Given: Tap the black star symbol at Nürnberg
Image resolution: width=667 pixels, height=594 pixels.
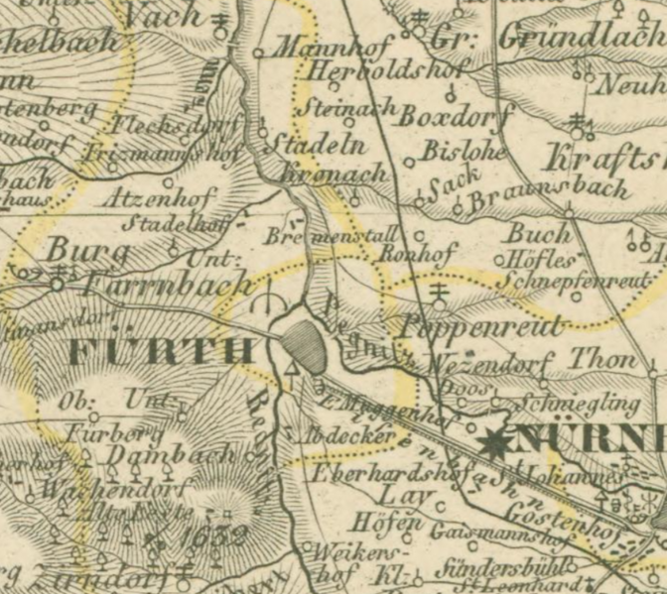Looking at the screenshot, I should pos(494,441).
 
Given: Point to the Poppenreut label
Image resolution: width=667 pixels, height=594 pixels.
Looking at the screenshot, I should pos(480,326).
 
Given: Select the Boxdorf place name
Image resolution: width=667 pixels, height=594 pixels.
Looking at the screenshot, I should pos(447,117).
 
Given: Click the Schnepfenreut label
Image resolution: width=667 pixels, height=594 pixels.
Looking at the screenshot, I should pos(575,282).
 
